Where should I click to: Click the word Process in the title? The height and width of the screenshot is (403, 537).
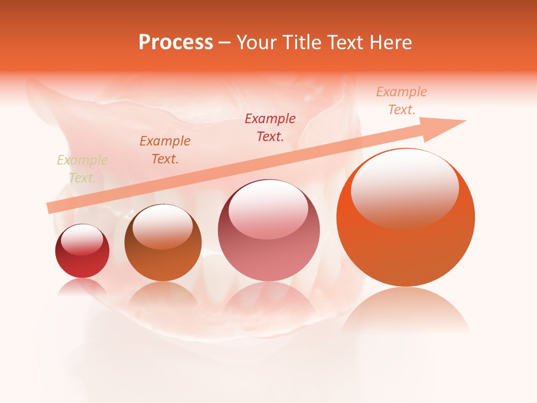tap(176, 43)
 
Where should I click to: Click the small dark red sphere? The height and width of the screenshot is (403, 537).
tap(82, 251)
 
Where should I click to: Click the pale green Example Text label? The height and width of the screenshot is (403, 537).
tap(82, 169)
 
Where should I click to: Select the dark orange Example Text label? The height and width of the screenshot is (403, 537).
tap(165, 150)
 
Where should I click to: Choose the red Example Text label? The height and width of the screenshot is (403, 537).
tap(270, 127)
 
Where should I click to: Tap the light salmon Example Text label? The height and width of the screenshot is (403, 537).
tap(401, 101)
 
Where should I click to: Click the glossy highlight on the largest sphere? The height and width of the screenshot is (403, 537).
tap(404, 188)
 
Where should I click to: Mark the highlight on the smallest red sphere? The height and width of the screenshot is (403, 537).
tap(82, 240)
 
